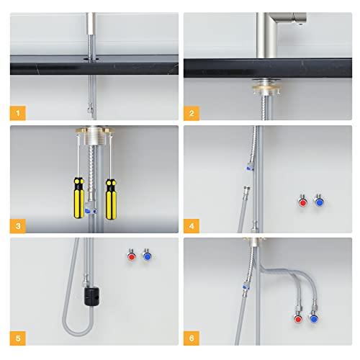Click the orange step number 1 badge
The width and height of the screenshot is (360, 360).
(18, 112)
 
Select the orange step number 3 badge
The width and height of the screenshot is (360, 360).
(18, 226)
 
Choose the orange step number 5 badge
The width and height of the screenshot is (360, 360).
(18, 338)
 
